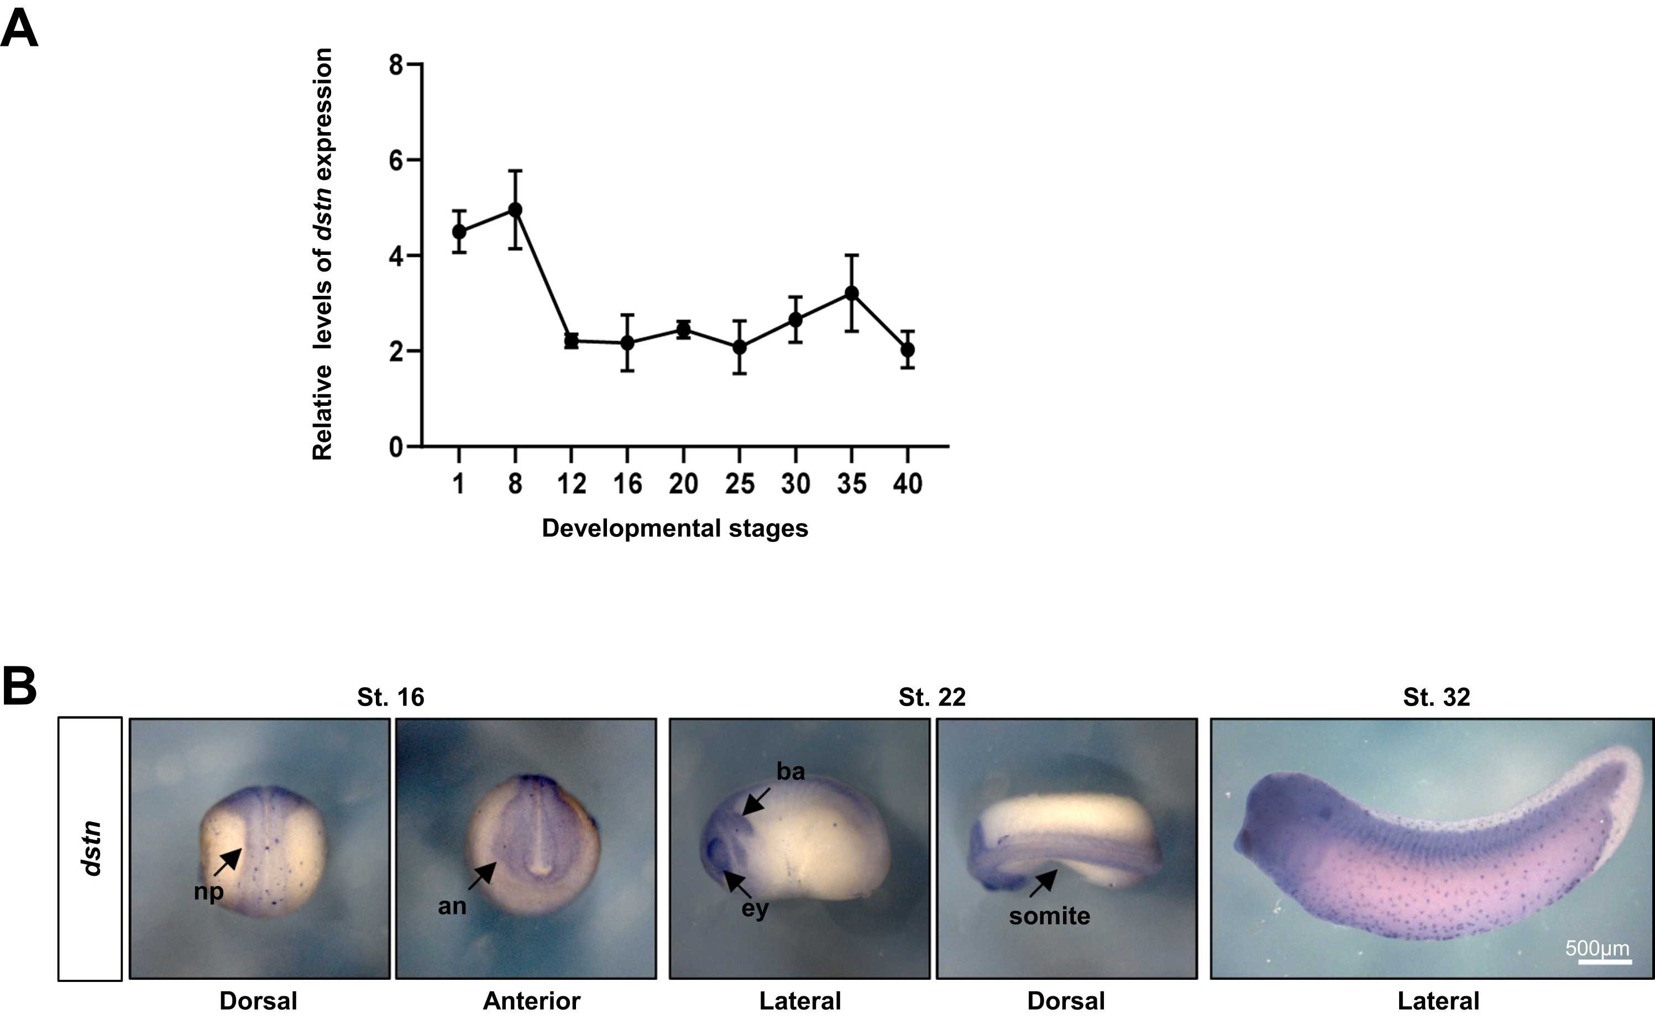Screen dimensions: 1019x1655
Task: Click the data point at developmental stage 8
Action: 515,210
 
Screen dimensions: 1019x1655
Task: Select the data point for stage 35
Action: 851,293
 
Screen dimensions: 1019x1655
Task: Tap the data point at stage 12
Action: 571,341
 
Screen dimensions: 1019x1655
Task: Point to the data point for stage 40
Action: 907,349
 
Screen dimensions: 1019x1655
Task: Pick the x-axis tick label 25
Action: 739,484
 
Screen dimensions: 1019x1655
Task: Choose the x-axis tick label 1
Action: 459,484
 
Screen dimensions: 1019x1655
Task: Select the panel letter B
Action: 19,687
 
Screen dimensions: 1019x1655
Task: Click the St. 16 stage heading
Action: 391,697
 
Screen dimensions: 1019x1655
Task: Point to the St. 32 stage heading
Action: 1436,697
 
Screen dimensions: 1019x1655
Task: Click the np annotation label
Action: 209,892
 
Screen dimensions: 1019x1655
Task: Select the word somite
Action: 1049,916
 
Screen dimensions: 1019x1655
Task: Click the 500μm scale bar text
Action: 1597,948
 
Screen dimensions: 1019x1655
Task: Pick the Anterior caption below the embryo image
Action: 531,1001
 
